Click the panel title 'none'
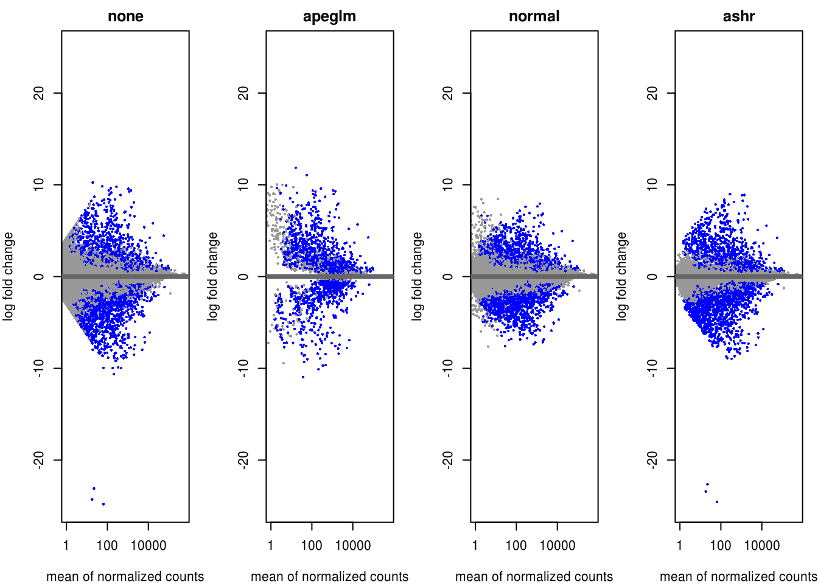pyautogui.click(x=125, y=16)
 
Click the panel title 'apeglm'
pyautogui.click(x=329, y=16)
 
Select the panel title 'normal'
pyautogui.click(x=534, y=16)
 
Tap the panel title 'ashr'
pyautogui.click(x=738, y=16)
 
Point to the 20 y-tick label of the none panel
pyautogui.click(x=40, y=93)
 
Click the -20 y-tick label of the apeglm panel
pyautogui.click(x=244, y=460)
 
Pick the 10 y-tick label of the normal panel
pyautogui.click(x=449, y=184)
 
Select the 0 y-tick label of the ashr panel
pyautogui.click(x=653, y=276)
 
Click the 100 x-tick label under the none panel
pyautogui.click(x=107, y=545)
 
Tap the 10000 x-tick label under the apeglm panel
pyautogui.click(x=353, y=545)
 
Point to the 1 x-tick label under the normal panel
pyautogui.click(x=475, y=545)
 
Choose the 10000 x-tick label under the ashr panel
pyautogui.click(x=762, y=545)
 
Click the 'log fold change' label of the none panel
pyautogui.click(x=9, y=276)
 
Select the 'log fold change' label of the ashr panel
pyautogui.click(x=622, y=276)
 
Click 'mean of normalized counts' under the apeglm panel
pyautogui.click(x=329, y=576)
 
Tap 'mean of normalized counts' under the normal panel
pyautogui.click(x=534, y=576)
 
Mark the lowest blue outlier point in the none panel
pyautogui.click(x=103, y=504)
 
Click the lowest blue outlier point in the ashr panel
pyautogui.click(x=717, y=502)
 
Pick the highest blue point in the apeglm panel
pyautogui.click(x=296, y=167)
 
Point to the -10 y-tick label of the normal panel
pyautogui.click(x=449, y=368)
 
